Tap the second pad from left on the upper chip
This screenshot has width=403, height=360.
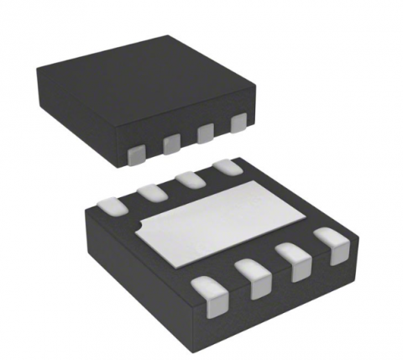pyautogui.click(x=171, y=143)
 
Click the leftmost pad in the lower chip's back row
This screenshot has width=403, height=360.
pyautogui.click(x=112, y=203)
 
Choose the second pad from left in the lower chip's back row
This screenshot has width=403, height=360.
pyautogui.click(x=151, y=191)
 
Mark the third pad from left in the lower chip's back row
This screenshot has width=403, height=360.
pyautogui.click(x=189, y=180)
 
